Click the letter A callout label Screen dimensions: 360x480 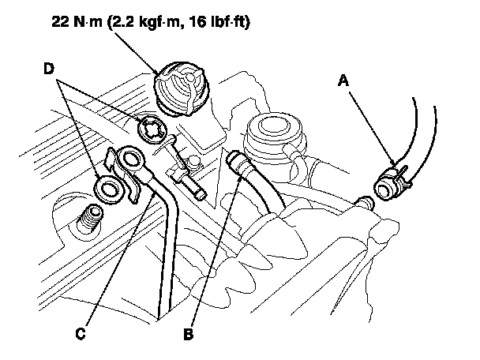[x=343, y=79]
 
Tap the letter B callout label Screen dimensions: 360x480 [x=188, y=334]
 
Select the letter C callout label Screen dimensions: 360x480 [x=81, y=334]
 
